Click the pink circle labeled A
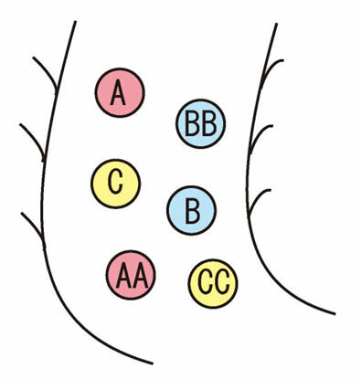pos(120,92)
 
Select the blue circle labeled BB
pos(201,123)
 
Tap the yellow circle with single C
pos(116,184)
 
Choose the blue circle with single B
pos(192,210)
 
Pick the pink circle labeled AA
pos(131,275)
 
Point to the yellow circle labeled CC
pos(213,284)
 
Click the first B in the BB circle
pos(192,124)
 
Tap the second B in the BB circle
pos(209,124)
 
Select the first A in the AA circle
pos(123,276)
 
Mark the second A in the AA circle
pos(140,276)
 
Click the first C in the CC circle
pos(205,284)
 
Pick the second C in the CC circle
pos(222,284)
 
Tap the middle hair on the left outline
pos(34,140)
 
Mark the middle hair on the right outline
pos(259,135)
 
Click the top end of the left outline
pos(75,21)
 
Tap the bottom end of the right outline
pos(335,314)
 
